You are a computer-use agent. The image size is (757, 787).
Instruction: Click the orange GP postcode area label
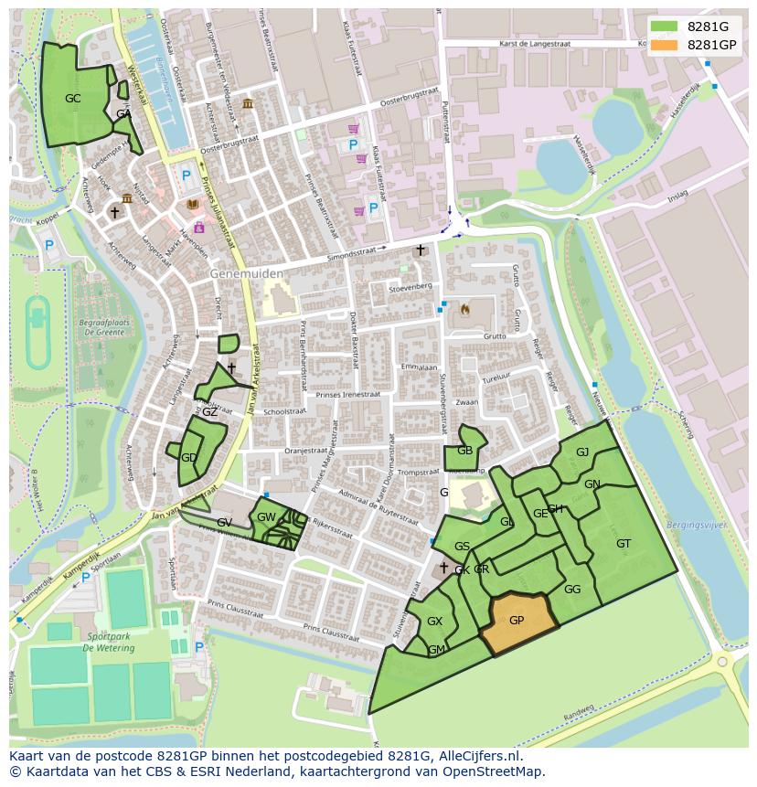click(517, 620)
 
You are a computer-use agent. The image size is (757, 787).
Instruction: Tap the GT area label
click(624, 544)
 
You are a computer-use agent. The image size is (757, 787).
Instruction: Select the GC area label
click(73, 98)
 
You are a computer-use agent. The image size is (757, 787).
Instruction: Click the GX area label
click(434, 622)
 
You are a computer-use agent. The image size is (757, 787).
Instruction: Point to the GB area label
click(464, 451)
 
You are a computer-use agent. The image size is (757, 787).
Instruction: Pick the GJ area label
click(582, 452)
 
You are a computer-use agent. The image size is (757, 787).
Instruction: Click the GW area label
click(266, 517)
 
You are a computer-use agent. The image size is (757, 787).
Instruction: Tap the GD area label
click(188, 458)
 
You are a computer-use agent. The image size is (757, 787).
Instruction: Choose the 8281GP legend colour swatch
click(664, 45)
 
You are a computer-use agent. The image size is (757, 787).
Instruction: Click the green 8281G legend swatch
click(664, 27)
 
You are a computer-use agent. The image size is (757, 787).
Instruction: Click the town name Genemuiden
click(246, 273)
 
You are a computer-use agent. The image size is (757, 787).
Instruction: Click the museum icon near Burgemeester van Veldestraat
click(248, 103)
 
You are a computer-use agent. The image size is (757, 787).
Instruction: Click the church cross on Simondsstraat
click(421, 250)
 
